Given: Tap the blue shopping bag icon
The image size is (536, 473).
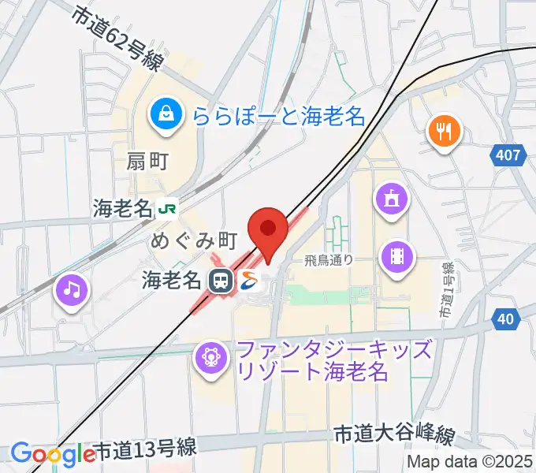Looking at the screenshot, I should [x=166, y=114].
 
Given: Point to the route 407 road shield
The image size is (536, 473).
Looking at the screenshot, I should [x=508, y=155].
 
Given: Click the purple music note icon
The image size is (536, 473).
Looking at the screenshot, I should [x=72, y=290].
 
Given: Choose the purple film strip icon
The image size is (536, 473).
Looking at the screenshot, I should [x=396, y=255].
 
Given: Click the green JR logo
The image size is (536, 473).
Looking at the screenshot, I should [x=167, y=209].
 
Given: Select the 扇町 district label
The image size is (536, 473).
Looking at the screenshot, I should [x=147, y=162].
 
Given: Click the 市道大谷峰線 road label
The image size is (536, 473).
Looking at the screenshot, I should [x=394, y=434].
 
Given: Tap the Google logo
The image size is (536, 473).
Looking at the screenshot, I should [x=52, y=453].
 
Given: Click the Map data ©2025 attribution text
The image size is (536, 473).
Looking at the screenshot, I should [x=469, y=462].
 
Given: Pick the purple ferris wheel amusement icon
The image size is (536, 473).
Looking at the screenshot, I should [x=210, y=357].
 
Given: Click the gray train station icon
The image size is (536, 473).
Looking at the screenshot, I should [x=221, y=280].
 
